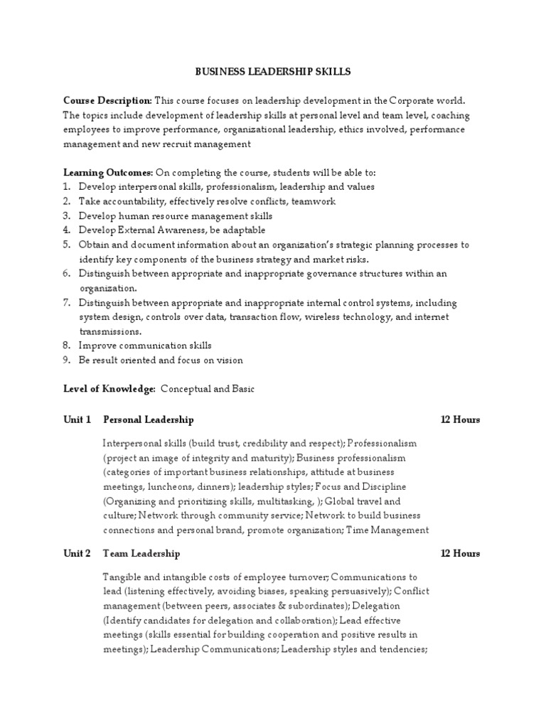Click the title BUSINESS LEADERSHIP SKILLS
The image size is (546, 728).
click(273, 72)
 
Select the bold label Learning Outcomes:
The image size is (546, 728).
click(108, 173)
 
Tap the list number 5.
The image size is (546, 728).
click(65, 245)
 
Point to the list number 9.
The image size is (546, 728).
click(65, 360)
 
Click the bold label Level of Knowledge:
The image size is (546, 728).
click(109, 389)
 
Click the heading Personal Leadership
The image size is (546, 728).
click(148, 419)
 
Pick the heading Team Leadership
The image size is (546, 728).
click(141, 553)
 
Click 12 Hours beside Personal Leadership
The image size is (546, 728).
click(460, 419)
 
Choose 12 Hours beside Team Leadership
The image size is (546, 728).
click(460, 553)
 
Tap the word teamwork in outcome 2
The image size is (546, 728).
click(313, 201)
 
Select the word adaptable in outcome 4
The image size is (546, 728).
click(243, 230)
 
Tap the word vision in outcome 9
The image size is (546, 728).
click(229, 360)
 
